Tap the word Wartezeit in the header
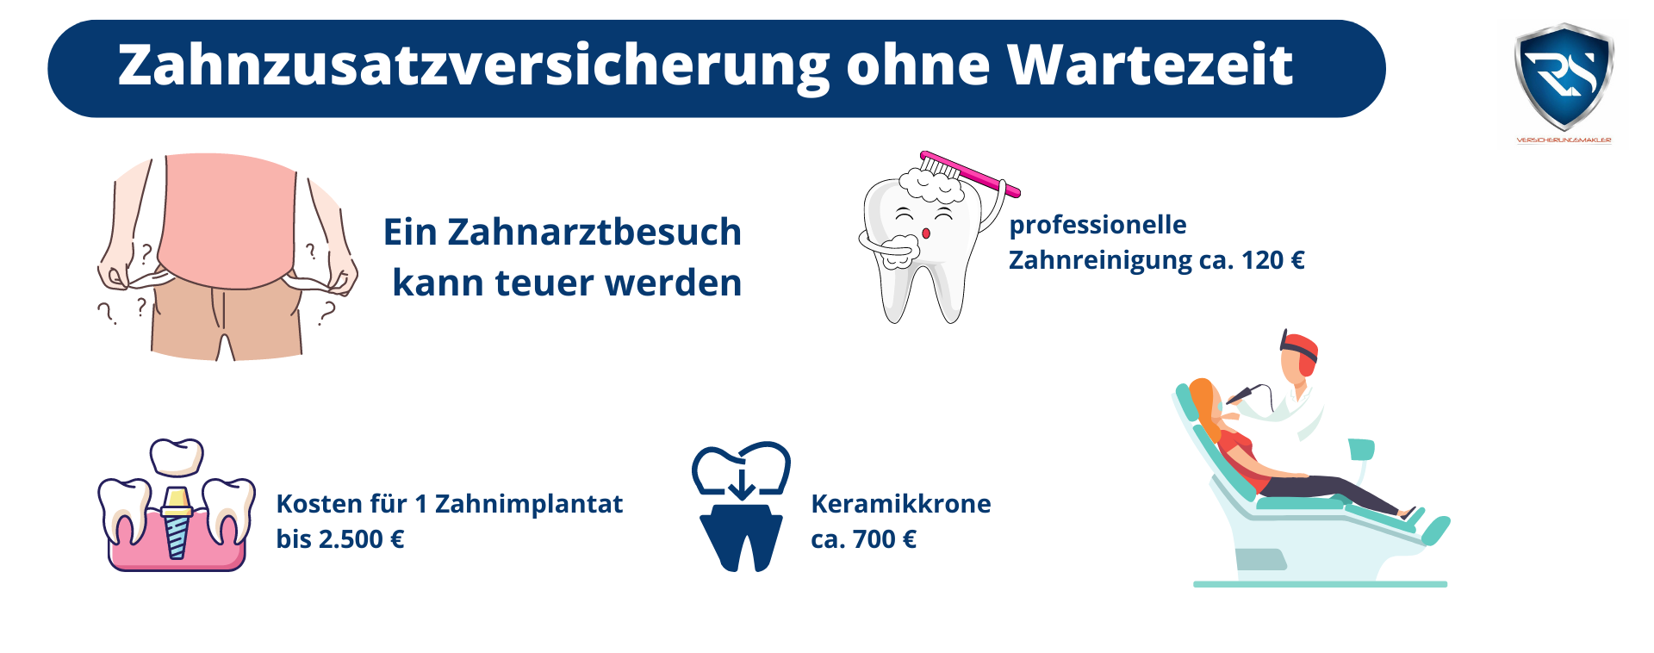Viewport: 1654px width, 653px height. [1150, 65]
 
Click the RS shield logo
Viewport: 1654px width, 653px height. [1564, 78]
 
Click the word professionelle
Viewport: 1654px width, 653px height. [1097, 225]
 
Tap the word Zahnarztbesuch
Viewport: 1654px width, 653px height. [594, 232]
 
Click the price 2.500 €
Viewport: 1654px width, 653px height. [361, 539]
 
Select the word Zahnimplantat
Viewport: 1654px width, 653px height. [528, 504]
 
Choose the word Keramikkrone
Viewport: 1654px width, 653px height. [901, 504]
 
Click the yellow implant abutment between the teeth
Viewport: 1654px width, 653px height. [177, 501]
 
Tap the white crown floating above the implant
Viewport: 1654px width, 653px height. [177, 457]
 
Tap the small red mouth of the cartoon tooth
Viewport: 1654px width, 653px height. [926, 233]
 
